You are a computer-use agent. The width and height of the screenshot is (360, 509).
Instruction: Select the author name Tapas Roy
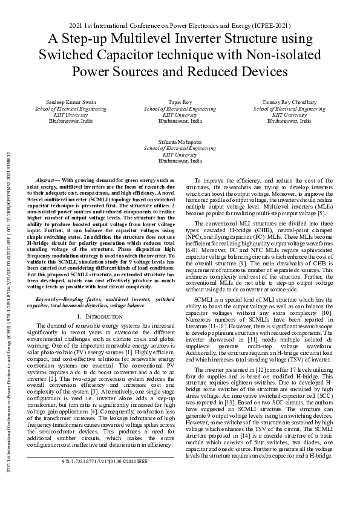180,103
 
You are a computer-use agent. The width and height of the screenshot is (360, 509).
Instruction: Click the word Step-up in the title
84,41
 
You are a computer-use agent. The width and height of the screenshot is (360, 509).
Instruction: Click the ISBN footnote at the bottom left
105,479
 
